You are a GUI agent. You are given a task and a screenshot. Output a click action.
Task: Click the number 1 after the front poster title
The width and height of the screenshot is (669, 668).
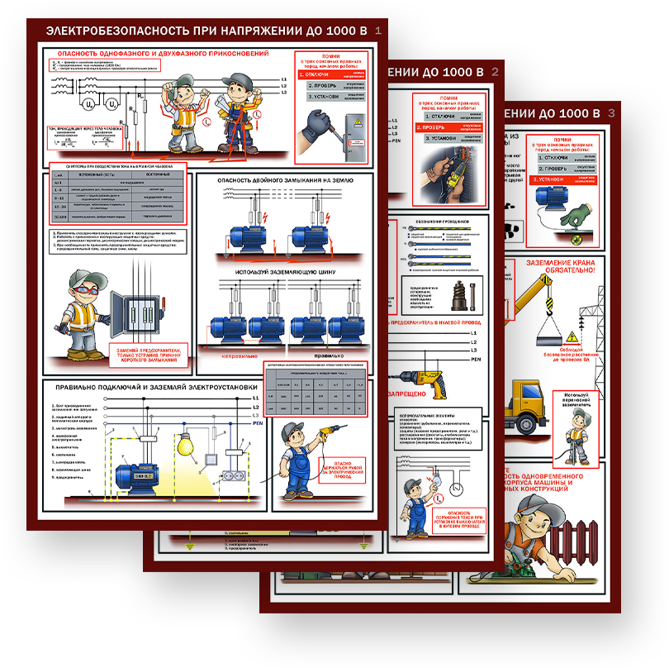(378, 31)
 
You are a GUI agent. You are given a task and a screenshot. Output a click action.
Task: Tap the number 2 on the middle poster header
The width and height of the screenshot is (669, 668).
(495, 72)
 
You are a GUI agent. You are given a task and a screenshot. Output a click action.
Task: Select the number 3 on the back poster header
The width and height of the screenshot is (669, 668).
(611, 112)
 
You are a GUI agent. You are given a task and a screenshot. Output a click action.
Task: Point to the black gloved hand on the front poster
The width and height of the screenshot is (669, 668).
(316, 123)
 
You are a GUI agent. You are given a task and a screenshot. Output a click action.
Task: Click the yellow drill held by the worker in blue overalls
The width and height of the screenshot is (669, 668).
(331, 432)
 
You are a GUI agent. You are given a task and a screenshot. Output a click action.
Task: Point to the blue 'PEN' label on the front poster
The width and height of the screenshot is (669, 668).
(257, 422)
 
